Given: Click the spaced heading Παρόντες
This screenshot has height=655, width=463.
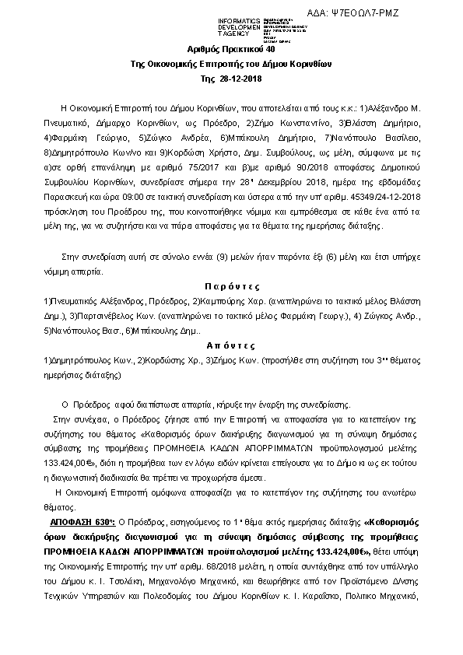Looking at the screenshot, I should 231,286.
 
